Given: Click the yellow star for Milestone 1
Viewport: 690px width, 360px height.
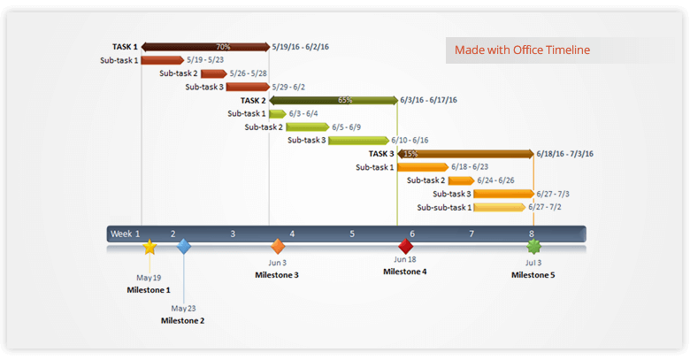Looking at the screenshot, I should pos(149,248).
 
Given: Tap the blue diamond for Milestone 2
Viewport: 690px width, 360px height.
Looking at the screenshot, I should pos(183,247).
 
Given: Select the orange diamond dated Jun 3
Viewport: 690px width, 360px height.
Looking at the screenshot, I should pos(278,247).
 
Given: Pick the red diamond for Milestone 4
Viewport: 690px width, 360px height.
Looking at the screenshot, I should pos(405,246).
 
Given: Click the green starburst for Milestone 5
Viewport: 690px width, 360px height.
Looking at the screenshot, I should pos(533,247).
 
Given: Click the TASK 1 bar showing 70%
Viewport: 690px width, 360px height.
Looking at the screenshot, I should pos(205,47).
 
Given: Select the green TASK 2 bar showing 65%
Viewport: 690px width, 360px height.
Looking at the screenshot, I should pos(333,100).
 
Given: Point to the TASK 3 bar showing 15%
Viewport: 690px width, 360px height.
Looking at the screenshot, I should pos(465,153).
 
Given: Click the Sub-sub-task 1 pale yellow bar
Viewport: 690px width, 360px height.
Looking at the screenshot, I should pos(499,207).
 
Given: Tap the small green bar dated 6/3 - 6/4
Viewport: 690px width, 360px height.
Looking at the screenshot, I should pos(278,113).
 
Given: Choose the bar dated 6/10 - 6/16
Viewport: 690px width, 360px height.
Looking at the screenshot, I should pos(358,140).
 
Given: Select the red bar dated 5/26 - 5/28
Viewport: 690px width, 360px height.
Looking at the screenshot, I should pos(213,73).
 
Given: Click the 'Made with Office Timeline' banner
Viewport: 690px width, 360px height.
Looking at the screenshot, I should pos(522,50).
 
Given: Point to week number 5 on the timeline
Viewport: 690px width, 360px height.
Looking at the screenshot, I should pos(352,234).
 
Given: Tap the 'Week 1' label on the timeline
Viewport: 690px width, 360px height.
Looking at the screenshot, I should pos(125,234).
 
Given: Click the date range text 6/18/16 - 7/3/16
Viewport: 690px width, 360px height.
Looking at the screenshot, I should pos(564,153).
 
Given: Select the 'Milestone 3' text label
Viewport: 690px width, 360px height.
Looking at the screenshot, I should pos(277,275).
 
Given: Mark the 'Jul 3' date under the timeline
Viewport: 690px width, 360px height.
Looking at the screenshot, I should pos(533,263).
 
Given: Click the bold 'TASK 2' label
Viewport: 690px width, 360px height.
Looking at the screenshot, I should pos(253,100).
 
